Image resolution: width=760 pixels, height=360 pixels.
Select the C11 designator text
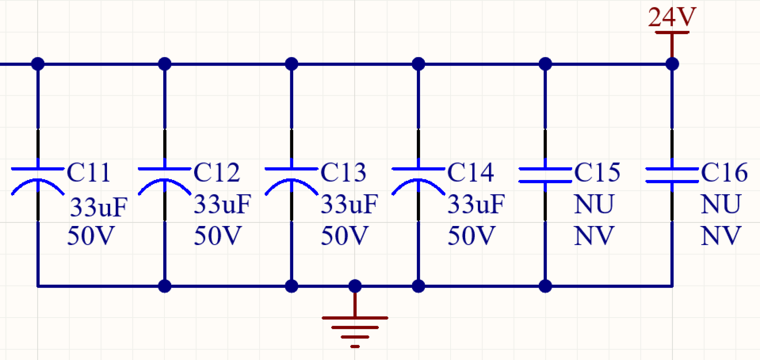click(89, 173)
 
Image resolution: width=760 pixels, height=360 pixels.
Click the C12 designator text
click(217, 173)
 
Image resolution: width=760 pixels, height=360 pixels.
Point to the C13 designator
click(344, 173)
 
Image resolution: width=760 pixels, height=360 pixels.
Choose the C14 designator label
click(470, 173)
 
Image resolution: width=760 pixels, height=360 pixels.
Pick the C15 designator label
click(597, 173)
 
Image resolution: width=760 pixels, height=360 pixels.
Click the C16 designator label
click(724, 173)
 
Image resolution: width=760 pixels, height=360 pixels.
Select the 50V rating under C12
click(218, 236)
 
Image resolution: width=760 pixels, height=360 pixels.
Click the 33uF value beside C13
click(349, 204)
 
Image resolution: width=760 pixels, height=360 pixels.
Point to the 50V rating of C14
click(471, 236)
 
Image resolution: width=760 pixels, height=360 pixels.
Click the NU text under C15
click(594, 204)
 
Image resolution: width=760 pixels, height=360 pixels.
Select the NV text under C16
click(721, 236)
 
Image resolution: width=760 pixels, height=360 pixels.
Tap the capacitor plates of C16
click(672, 175)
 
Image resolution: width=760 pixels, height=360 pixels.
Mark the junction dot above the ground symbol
click(355, 286)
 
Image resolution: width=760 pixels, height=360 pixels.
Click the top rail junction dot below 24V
click(672, 64)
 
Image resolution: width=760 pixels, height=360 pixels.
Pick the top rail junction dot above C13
click(292, 64)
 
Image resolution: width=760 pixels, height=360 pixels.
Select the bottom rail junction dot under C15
click(545, 286)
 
